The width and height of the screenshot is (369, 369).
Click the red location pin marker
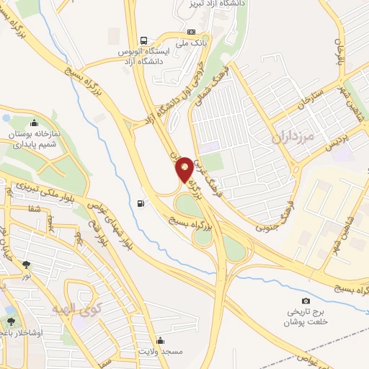tap(184, 169)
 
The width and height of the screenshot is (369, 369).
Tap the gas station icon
tap(140, 203)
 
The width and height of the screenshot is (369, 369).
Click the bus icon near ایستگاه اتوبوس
tap(143, 40)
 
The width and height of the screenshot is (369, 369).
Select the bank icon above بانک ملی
tap(191, 32)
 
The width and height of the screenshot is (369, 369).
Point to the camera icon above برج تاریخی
tap(306, 301)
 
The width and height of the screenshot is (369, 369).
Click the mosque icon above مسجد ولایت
tap(159, 341)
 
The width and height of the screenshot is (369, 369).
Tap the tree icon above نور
tap(26, 264)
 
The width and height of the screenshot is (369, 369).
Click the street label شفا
tap(32, 209)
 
